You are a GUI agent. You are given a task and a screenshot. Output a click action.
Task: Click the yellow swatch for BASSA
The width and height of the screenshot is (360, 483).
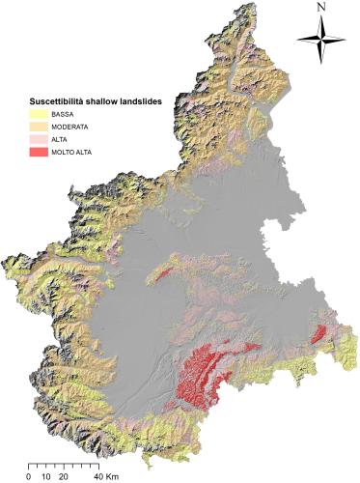pos(37,113)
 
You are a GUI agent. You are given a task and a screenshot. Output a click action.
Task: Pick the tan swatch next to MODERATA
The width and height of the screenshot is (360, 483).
pos(37,126)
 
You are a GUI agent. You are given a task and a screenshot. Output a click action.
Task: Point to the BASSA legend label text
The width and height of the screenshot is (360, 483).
pos(63,113)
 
